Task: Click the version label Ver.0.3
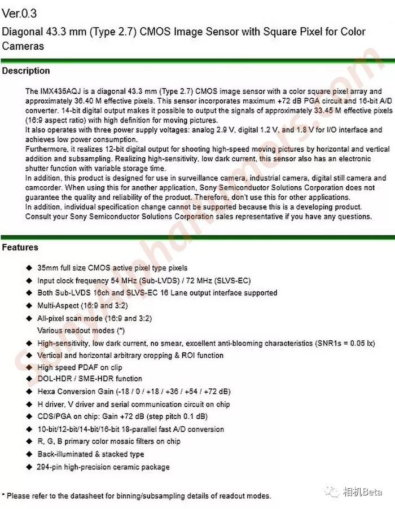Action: pos(20,13)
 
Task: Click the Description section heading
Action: pos(26,71)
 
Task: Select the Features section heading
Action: pos(20,248)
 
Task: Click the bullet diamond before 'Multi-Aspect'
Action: pos(29,306)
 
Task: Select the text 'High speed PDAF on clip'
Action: pos(80,367)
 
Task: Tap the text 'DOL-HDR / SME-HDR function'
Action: pos(90,379)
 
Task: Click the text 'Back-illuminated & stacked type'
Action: pos(90,454)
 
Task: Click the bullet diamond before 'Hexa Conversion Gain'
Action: pos(29,392)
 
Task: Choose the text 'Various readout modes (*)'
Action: pos(81,330)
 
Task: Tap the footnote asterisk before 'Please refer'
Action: pos(3,495)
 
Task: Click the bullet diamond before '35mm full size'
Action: pos(29,268)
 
